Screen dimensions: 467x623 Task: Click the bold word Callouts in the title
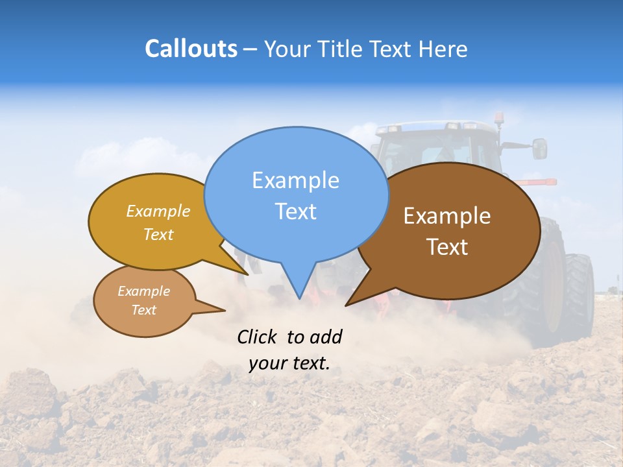click(x=191, y=49)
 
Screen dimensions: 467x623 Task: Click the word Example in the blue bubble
click(x=295, y=180)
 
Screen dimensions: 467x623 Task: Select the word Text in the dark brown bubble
click(x=447, y=246)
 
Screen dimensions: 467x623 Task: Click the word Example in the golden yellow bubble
click(x=158, y=211)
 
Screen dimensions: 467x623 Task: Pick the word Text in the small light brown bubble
click(x=144, y=310)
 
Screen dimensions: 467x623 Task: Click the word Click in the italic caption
click(x=258, y=337)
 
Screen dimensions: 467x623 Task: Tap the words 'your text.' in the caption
click(x=289, y=363)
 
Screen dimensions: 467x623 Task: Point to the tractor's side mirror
click(x=539, y=149)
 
